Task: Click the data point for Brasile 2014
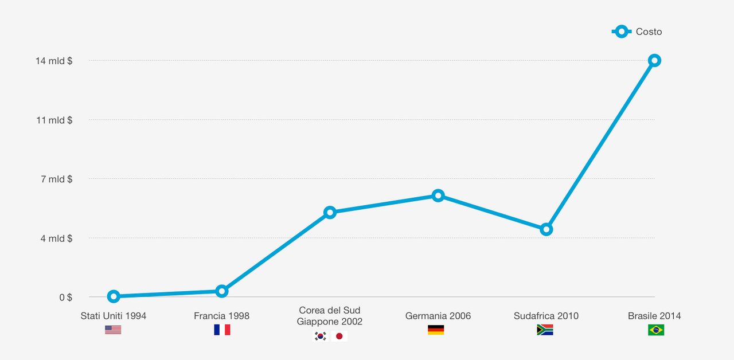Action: point(654,61)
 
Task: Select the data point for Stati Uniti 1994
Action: point(114,296)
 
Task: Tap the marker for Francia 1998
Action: point(221,291)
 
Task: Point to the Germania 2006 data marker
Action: point(438,196)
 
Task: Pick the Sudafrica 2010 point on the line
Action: point(546,230)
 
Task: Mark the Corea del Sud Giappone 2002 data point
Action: point(330,213)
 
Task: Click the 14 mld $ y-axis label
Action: point(54,61)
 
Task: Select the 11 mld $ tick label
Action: point(54,120)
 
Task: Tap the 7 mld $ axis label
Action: point(56,179)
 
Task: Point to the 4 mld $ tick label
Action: point(56,238)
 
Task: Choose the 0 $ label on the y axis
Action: point(65,298)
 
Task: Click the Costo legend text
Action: point(649,32)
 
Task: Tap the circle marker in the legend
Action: point(622,32)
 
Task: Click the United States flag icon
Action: point(113,330)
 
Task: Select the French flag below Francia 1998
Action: point(222,330)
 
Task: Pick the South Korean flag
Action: point(320,336)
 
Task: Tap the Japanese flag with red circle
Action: point(339,336)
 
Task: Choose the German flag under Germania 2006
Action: point(436,330)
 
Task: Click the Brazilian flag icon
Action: point(656,330)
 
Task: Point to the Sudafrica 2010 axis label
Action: point(546,316)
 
